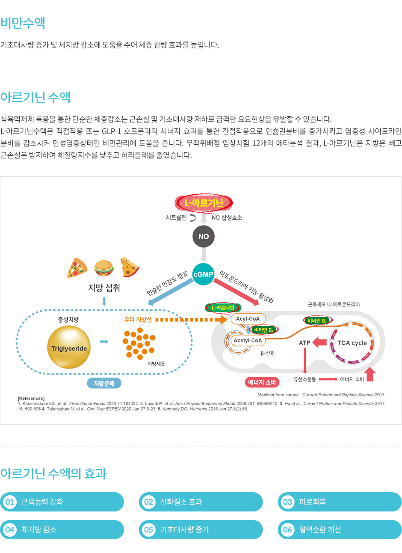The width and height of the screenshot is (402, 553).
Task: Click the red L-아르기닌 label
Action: (x=204, y=203)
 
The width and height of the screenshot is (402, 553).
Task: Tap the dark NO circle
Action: (x=204, y=236)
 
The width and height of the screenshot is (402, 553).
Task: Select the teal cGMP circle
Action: (x=204, y=274)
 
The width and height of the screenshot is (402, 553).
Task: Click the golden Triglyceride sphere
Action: (x=69, y=348)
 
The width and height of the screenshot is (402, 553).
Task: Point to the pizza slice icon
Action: (x=77, y=268)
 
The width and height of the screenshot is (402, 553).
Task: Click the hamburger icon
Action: (x=104, y=268)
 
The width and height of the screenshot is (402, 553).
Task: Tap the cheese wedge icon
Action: (x=130, y=267)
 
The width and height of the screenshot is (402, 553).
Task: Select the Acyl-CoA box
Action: (x=248, y=319)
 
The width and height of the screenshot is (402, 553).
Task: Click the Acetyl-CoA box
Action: (x=248, y=341)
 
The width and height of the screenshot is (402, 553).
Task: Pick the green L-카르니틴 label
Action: (x=223, y=308)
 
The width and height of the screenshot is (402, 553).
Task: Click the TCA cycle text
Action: (x=352, y=343)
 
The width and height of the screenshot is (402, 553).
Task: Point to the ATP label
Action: (x=304, y=343)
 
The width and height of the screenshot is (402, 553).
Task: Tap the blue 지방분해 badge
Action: (x=104, y=383)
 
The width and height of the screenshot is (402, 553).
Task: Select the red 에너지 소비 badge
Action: (x=262, y=382)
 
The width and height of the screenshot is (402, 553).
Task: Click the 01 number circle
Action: (x=9, y=502)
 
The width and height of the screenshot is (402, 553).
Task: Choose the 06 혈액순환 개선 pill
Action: (x=340, y=529)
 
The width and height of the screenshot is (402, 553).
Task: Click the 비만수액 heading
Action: (x=23, y=23)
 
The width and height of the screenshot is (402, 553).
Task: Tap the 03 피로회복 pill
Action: (x=340, y=502)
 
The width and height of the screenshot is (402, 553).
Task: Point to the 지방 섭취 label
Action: (x=104, y=288)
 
